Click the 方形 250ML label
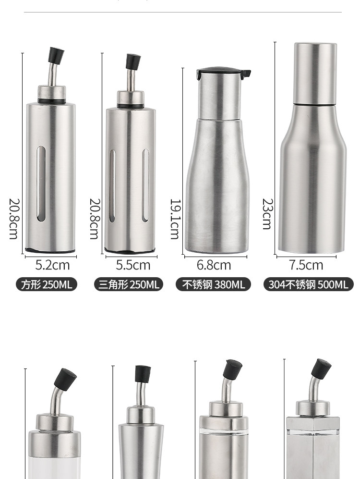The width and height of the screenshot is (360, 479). point(47,284)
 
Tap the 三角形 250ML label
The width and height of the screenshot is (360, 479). point(129,284)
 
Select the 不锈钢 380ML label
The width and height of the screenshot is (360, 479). point(213,284)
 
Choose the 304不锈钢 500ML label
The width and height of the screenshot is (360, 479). point(309,284)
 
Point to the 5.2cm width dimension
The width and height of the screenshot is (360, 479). point(52,265)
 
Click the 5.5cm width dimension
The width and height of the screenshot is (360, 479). point(133,265)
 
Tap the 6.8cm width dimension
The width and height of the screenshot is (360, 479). point(214,265)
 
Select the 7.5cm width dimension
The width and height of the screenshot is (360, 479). point(306,265)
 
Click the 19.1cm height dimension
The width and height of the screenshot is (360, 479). point(175,219)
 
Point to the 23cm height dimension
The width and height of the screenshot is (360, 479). point(267,214)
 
